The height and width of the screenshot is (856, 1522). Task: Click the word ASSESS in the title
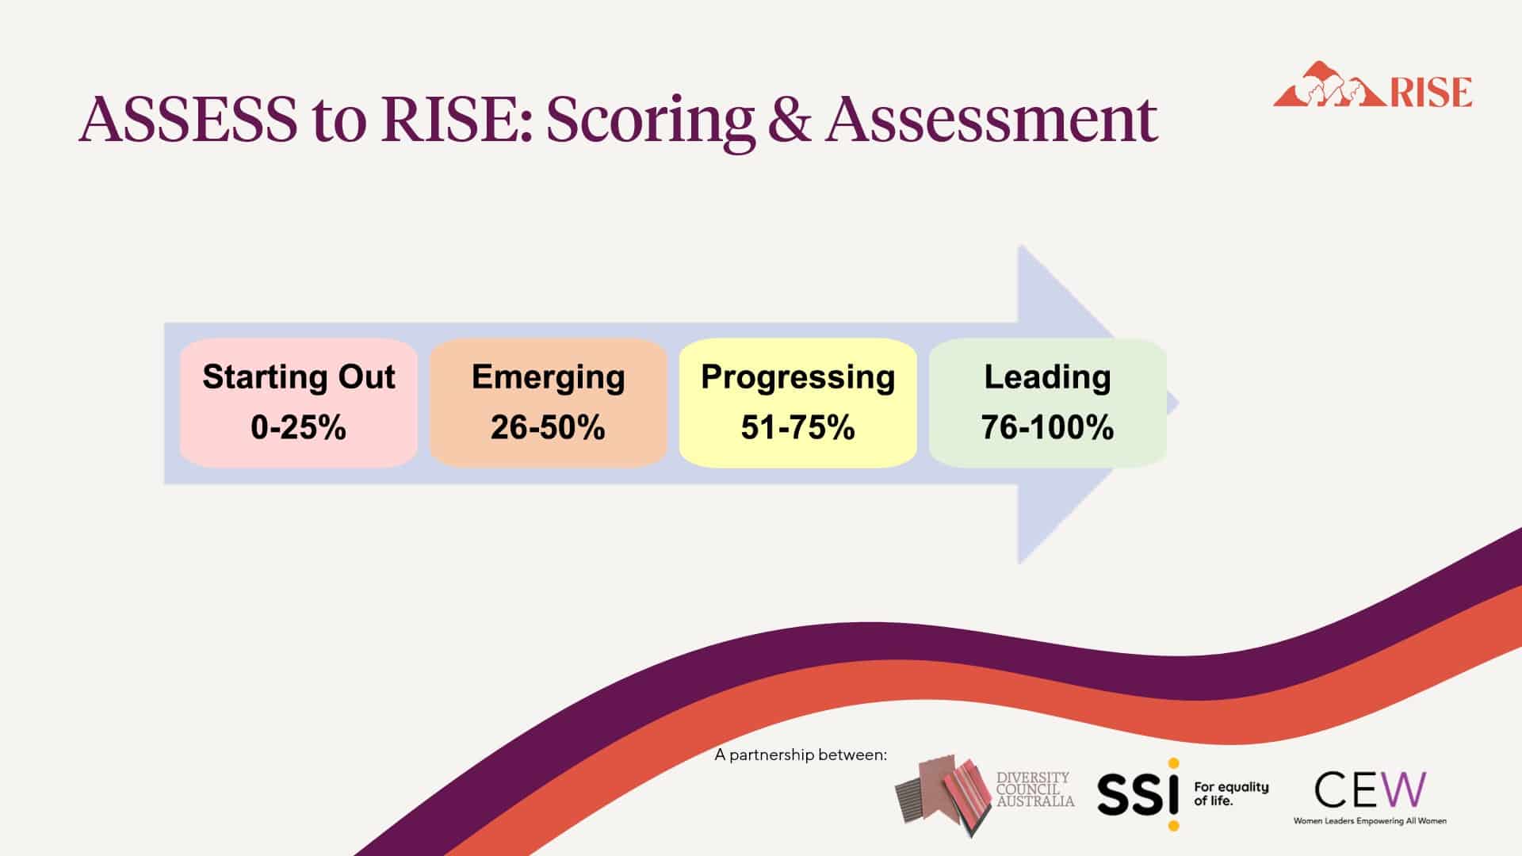[x=187, y=119]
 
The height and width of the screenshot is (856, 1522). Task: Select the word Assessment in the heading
[x=991, y=119]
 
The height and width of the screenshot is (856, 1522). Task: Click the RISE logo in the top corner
[x=1372, y=85]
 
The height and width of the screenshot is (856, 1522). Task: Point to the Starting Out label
[x=299, y=376]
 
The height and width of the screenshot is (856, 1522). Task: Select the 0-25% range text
[x=299, y=427]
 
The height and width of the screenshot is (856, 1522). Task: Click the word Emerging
[x=549, y=378]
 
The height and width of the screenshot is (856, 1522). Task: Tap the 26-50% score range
[x=549, y=427]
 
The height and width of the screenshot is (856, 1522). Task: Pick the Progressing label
[x=798, y=378]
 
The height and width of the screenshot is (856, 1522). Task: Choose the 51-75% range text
[x=798, y=427]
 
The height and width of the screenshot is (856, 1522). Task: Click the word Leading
[x=1048, y=378]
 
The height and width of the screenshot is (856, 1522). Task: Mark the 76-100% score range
[x=1048, y=427]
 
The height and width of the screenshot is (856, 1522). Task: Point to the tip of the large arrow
[x=1179, y=403]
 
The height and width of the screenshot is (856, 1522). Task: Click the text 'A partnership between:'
[x=801, y=755]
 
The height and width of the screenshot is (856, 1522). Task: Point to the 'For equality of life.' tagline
[x=1231, y=793]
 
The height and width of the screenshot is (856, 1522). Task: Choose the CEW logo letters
[x=1370, y=789]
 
